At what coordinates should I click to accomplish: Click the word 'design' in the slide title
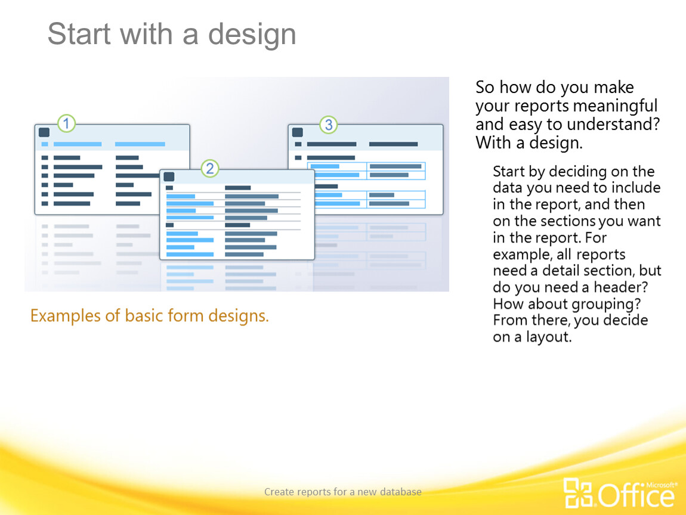click(252, 34)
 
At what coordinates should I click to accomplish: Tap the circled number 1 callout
click(66, 123)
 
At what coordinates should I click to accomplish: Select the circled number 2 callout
click(210, 168)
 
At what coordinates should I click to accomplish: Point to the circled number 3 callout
click(329, 125)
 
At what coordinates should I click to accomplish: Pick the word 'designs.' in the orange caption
click(239, 315)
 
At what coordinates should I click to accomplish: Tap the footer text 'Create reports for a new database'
click(343, 492)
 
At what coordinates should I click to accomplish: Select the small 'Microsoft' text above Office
click(662, 485)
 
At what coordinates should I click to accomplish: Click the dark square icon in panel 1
click(44, 132)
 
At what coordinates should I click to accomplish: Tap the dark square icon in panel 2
click(169, 176)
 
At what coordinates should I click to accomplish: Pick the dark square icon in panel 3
click(298, 132)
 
